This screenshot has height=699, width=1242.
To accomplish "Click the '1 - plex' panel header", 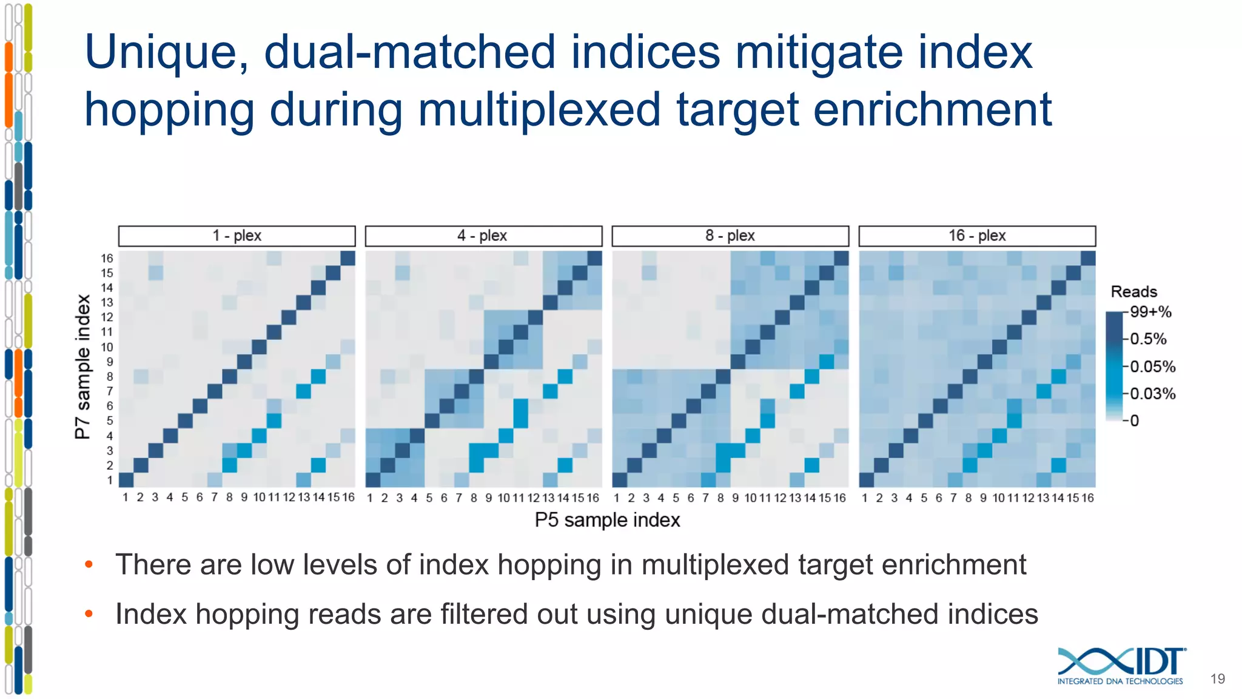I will (237, 235).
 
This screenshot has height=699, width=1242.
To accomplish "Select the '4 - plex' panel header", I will (483, 235).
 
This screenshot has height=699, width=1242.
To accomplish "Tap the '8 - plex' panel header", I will (730, 235).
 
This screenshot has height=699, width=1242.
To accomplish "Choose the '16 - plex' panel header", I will (977, 235).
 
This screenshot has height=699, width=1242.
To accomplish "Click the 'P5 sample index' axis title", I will (607, 520).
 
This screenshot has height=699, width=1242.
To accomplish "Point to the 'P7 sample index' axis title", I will (82, 366).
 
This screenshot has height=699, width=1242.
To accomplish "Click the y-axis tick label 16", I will (107, 258).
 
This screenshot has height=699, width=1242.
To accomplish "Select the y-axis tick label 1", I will (110, 481).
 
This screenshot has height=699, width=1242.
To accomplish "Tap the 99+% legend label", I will (1150, 312).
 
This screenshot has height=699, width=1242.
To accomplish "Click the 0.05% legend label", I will (1152, 366).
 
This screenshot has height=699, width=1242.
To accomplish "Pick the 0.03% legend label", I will (1152, 394).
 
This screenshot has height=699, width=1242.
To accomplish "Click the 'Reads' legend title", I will (1133, 292).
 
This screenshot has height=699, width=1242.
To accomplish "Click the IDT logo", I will (1121, 666).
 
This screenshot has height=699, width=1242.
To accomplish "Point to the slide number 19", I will (1217, 679).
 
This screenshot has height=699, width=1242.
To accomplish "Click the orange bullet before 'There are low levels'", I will (89, 565).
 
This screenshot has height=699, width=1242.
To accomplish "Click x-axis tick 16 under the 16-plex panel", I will (1087, 498).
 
